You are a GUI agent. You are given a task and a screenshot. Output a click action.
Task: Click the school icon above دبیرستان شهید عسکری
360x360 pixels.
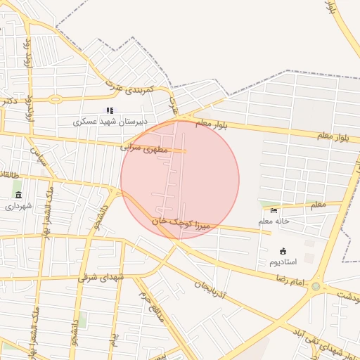point(110,110)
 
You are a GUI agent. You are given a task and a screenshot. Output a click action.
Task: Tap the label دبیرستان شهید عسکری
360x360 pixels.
point(111,122)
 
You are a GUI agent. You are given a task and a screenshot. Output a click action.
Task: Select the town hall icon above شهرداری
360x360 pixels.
point(18,195)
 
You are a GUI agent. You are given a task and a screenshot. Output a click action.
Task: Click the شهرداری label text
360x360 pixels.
point(18,206)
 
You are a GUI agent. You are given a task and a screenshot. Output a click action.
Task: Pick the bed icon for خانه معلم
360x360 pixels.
point(274,210)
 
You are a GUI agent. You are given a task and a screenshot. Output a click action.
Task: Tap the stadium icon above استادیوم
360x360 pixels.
point(283,251)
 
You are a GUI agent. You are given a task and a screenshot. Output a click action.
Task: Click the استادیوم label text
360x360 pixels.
point(283,262)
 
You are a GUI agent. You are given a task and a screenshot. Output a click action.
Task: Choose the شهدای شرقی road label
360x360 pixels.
point(102,277)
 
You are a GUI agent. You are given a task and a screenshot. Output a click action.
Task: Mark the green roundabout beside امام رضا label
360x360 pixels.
point(316,287)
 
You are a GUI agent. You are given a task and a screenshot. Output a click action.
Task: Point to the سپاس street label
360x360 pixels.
point(37,155)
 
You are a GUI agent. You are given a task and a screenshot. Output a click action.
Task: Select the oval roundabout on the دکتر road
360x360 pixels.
point(54,99)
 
